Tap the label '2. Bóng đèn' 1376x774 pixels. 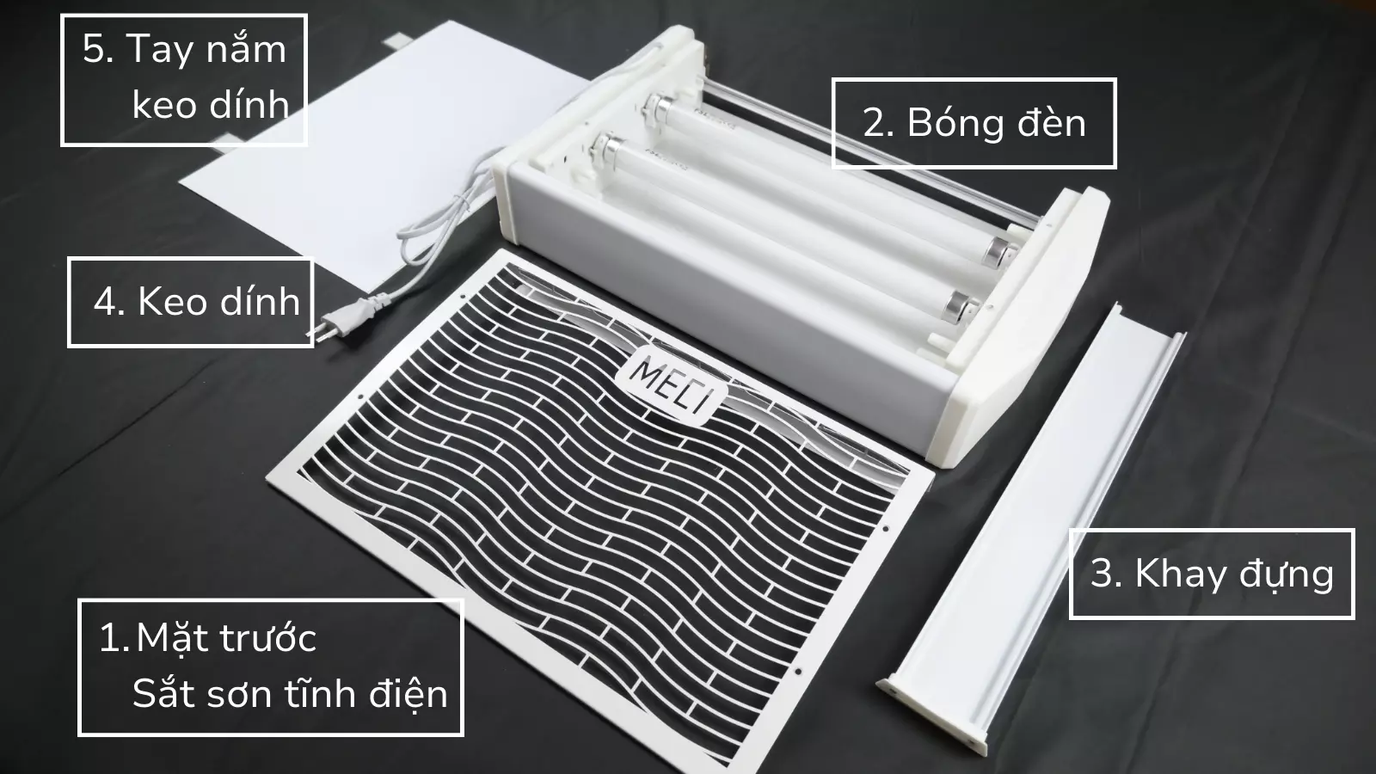(x=974, y=123)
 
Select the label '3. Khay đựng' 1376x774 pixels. (x=1211, y=574)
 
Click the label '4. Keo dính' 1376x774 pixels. (x=190, y=302)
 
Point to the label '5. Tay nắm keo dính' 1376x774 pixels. (x=184, y=79)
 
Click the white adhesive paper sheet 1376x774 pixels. (x=344, y=155)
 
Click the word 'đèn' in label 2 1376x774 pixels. (x=1051, y=123)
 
